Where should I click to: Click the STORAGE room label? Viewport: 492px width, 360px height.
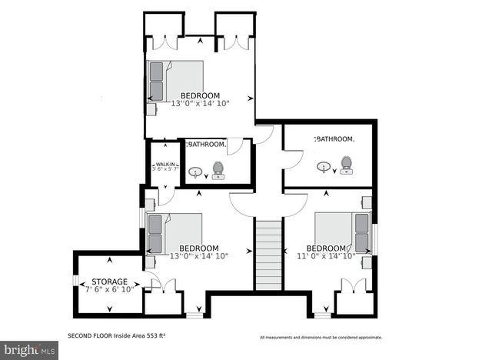pos(109,282)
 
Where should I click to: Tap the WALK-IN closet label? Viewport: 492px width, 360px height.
pos(165,163)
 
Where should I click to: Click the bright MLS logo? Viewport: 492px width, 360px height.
pos(28,349)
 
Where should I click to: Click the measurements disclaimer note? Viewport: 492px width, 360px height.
pos(320,337)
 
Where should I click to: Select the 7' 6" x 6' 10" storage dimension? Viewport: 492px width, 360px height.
pos(109,289)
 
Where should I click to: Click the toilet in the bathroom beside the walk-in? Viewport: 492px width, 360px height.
pos(218,168)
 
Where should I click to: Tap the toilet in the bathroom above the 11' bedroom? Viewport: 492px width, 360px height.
pos(346,164)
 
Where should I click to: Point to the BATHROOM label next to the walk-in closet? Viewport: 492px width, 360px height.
pos(206,144)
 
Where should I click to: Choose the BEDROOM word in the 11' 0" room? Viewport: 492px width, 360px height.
pos(326,248)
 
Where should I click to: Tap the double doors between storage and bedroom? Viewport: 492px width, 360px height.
pos(162,285)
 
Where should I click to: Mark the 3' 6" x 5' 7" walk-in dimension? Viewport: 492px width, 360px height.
pos(165,169)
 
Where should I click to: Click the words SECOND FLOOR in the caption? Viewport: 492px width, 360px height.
pos(91,336)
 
